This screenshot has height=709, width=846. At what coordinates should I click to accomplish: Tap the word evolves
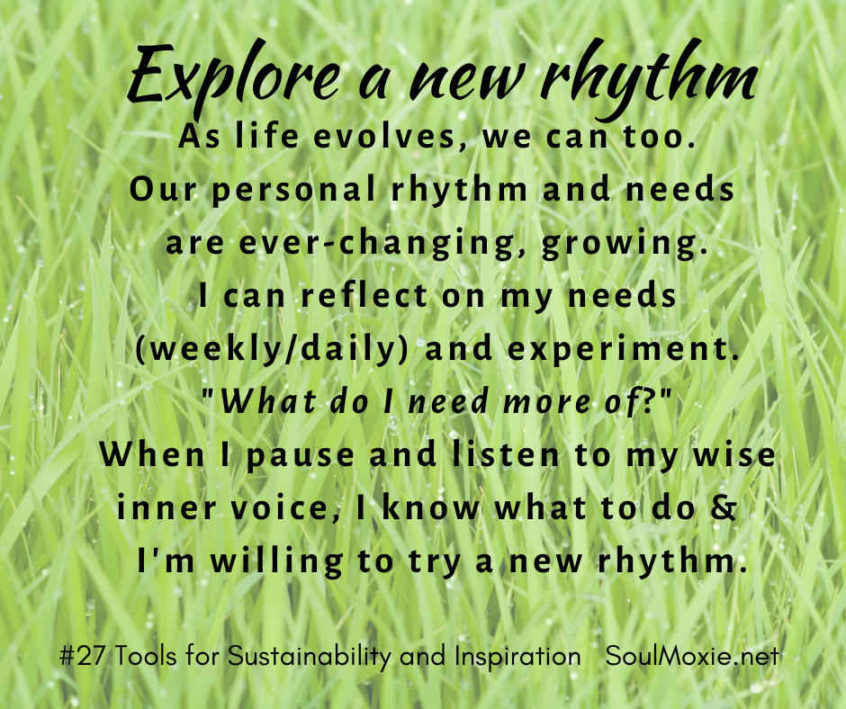click(x=385, y=136)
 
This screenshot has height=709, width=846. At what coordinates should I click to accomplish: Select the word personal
click(x=293, y=191)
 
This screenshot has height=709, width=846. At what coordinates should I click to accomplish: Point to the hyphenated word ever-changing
click(x=376, y=244)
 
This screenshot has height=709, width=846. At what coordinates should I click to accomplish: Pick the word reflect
click(x=364, y=295)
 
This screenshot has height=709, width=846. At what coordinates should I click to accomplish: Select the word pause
click(x=301, y=455)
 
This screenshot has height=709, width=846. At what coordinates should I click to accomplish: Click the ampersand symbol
click(x=724, y=507)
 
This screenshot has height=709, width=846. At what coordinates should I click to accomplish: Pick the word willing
click(x=277, y=561)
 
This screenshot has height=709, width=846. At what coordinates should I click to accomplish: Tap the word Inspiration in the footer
click(x=517, y=657)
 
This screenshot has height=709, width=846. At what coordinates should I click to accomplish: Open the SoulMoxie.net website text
click(x=692, y=657)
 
